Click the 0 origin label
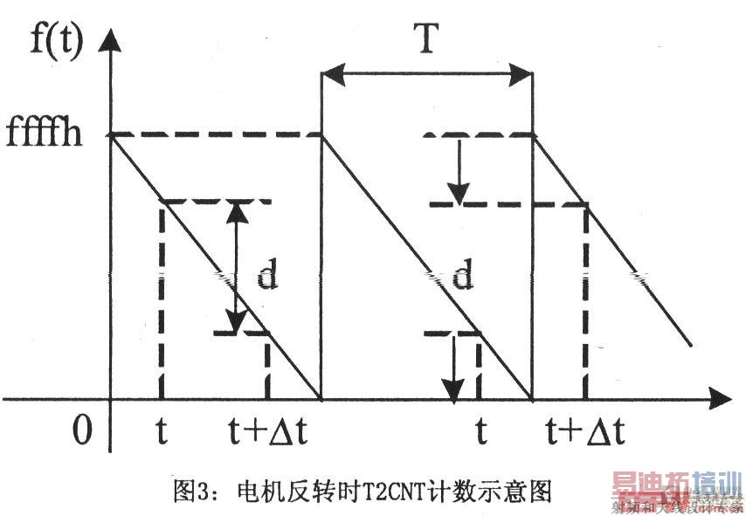tap(81, 430)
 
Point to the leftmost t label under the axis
tap(162, 430)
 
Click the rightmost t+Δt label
tap(583, 430)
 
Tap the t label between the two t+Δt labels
tap(480, 430)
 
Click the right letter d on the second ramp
tap(463, 277)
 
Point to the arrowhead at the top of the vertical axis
tap(111, 39)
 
